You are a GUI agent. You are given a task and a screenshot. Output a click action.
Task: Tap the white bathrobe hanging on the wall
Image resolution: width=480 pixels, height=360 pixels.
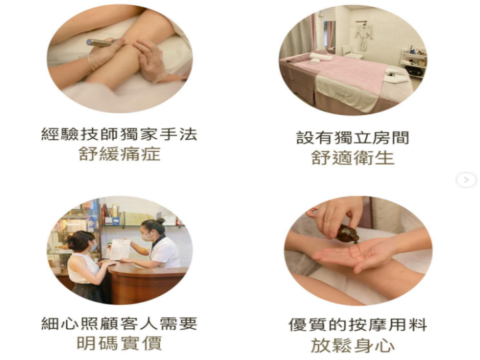pos(364,36)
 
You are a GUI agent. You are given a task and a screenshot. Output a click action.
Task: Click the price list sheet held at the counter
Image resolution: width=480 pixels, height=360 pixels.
pos(120,249)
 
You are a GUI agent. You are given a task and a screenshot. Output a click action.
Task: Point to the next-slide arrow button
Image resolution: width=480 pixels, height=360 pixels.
pos(466,180)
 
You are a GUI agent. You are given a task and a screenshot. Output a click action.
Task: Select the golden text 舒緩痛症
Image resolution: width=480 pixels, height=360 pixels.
pos(120,154)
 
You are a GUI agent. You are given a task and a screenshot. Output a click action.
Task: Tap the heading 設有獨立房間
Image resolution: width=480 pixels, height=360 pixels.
pos(353,138)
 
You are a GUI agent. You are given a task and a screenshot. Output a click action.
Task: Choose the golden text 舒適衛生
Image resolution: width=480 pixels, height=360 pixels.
pos(353,157)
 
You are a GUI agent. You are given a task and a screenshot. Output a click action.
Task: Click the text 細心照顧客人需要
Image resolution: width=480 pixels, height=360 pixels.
pos(119,324)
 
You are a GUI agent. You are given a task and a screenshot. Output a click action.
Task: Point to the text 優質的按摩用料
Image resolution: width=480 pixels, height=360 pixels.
pos(358,325)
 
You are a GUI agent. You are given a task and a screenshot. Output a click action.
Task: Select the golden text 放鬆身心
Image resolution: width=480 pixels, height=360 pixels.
pos(353,345)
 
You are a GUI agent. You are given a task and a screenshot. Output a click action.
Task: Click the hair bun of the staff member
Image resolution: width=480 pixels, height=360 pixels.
pos(160,221)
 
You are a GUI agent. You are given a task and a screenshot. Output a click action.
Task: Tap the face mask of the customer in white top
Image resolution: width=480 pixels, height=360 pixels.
pos(93,247)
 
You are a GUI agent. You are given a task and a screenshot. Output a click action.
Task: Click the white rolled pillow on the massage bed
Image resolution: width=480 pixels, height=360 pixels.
pos(321,56)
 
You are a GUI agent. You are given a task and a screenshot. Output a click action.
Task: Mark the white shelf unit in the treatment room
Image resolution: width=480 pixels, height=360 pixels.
pos(413,64)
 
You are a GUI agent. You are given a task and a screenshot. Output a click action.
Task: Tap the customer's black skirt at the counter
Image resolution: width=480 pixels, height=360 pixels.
pos(88,292)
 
